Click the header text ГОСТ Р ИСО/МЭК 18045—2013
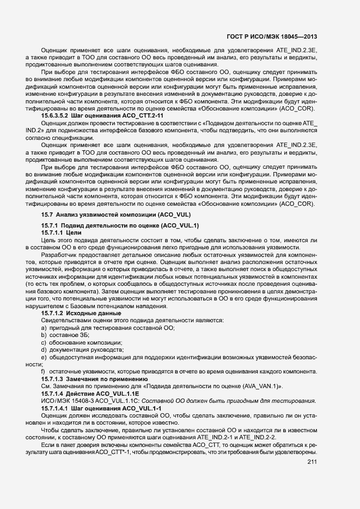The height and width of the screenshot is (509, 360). click(272, 37)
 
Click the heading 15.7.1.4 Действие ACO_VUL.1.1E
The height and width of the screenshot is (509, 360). click(90, 393)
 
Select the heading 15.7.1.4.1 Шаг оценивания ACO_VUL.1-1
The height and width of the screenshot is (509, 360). click(102, 408)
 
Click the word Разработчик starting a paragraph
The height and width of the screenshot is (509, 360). click(63, 255)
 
